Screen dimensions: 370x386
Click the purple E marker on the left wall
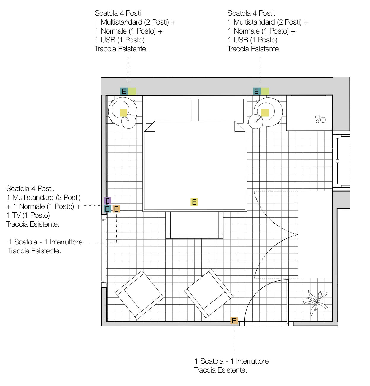[x=107, y=201]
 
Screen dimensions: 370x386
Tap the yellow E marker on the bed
[x=194, y=202]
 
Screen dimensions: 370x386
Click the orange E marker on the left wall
[x=116, y=209]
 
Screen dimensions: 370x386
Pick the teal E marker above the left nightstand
[x=124, y=91]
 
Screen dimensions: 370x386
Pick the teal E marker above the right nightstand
[x=257, y=91]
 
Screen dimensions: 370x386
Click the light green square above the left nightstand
[x=132, y=91]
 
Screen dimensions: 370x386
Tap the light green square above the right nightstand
[x=265, y=91]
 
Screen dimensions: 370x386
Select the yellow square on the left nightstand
[x=123, y=113]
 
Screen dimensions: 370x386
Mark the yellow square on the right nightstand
[x=265, y=113]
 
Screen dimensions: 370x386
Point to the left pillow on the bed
[x=169, y=111]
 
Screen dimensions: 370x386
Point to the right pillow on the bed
[x=221, y=111]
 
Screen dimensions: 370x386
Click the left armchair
[x=139, y=295]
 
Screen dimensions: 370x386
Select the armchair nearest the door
[x=209, y=293]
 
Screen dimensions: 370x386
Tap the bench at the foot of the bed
[x=194, y=225]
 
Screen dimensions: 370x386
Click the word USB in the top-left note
[x=108, y=40]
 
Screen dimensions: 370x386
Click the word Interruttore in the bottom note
[x=252, y=361]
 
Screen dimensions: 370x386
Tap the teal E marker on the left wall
[x=107, y=209]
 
